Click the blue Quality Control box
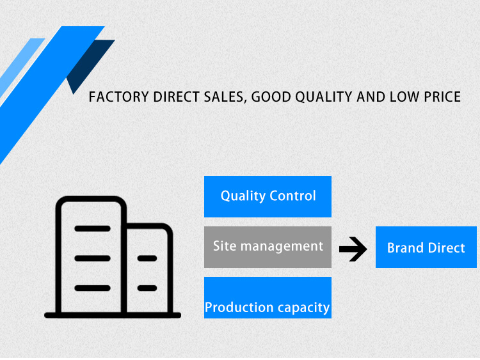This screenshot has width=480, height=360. (x=268, y=196)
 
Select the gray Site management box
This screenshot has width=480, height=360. (x=268, y=246)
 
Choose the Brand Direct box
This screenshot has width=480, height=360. (x=426, y=247)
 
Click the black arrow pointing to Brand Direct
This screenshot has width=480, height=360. (x=353, y=249)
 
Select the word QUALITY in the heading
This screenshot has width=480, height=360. (x=320, y=97)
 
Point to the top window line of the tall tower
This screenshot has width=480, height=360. (x=92, y=228)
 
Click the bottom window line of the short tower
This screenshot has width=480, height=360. (x=147, y=288)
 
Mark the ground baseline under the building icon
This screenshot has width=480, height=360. (x=113, y=315)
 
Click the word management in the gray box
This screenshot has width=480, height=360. (x=288, y=246)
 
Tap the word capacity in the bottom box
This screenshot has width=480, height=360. (x=304, y=308)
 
